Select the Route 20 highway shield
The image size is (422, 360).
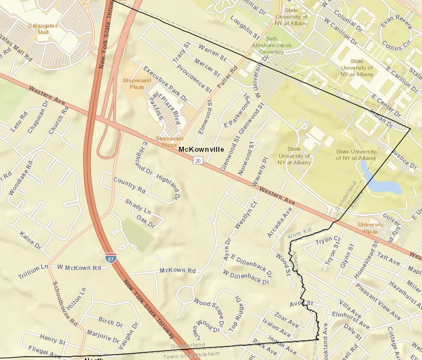pos(198,160)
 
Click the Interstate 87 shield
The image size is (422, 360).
pos(111,256)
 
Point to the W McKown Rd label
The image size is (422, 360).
pos(79,267)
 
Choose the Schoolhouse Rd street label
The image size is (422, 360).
pos(65,304)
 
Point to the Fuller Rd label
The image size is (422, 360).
pos(227,78)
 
